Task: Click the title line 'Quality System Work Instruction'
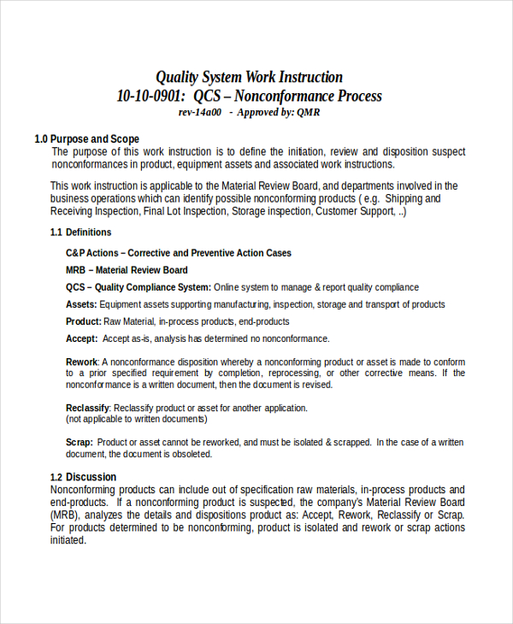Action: pyautogui.click(x=249, y=77)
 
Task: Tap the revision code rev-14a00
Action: pyautogui.click(x=199, y=112)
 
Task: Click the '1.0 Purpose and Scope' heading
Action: pyautogui.click(x=86, y=138)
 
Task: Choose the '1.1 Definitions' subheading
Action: pyautogui.click(x=80, y=232)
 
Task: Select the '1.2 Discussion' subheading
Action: pyautogui.click(x=83, y=477)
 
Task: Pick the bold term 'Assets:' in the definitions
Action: pyautogui.click(x=82, y=304)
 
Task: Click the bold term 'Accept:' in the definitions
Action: pyautogui.click(x=82, y=338)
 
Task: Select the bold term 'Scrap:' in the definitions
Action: pyautogui.click(x=80, y=442)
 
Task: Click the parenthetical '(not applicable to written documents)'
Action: pyautogui.click(x=136, y=419)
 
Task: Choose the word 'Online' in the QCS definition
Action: pyautogui.click(x=228, y=287)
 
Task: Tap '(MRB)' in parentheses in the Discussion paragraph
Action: pyautogui.click(x=67, y=515)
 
